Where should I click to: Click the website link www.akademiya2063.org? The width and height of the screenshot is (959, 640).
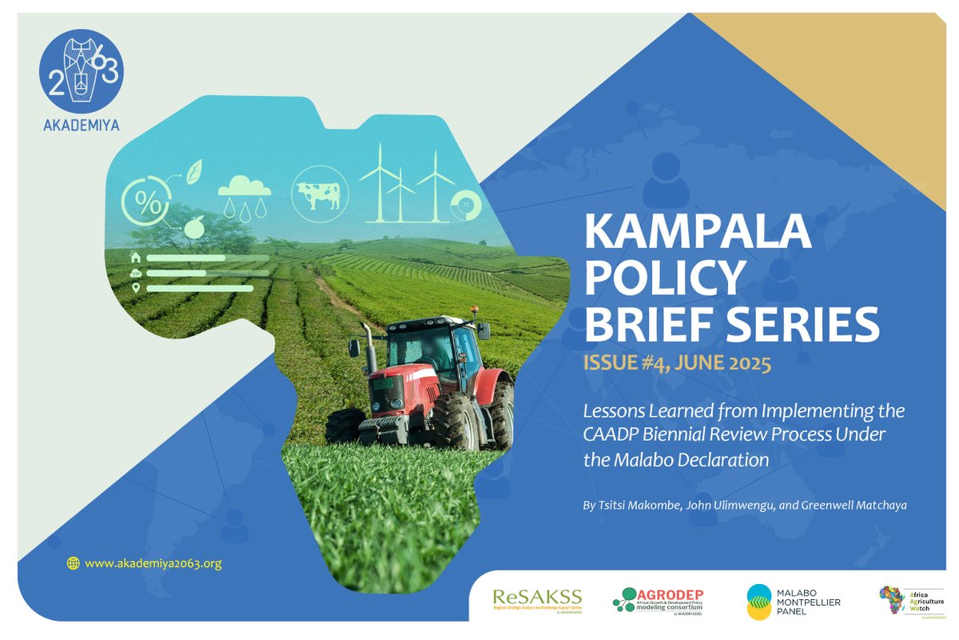tap(153, 563)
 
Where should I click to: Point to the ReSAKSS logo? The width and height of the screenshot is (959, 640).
tap(537, 599)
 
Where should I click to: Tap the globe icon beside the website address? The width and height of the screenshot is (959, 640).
tap(74, 563)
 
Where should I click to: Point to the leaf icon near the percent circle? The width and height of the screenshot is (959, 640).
tap(194, 171)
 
